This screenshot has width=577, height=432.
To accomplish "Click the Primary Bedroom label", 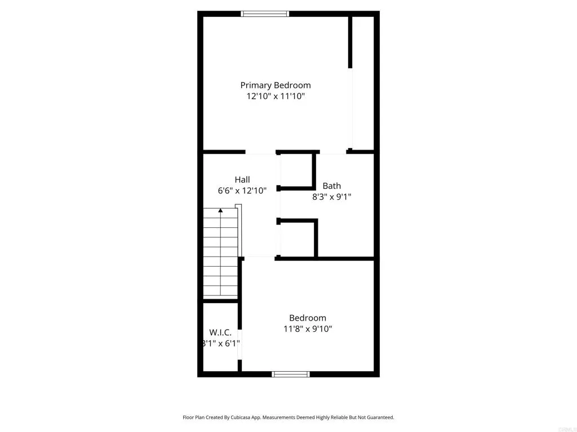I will pyautogui.click(x=276, y=85).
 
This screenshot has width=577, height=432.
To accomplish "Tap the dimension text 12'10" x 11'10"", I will pyautogui.click(x=276, y=96).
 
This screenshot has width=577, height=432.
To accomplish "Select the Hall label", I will pyautogui.click(x=242, y=179).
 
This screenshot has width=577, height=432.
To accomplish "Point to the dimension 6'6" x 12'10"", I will pyautogui.click(x=242, y=191).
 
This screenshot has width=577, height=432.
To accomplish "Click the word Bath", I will pyautogui.click(x=331, y=186).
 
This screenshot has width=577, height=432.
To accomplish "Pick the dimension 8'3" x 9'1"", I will pyautogui.click(x=331, y=197).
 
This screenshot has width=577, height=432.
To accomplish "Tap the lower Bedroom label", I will pyautogui.click(x=308, y=318).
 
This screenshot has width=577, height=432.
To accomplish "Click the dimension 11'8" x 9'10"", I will pyautogui.click(x=308, y=329).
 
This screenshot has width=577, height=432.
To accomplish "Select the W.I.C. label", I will pyautogui.click(x=220, y=332).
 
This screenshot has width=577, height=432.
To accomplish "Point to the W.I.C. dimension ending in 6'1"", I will pyautogui.click(x=222, y=343).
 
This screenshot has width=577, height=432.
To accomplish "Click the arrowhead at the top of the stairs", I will pyautogui.click(x=220, y=210).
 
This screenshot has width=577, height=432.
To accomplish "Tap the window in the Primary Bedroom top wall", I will pyautogui.click(x=265, y=13).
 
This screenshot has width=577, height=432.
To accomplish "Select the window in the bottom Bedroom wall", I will pyautogui.click(x=291, y=374).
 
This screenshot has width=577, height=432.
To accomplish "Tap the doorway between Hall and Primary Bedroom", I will pyautogui.click(x=260, y=152).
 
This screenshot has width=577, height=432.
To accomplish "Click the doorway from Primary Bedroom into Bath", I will pyautogui.click(x=333, y=152).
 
